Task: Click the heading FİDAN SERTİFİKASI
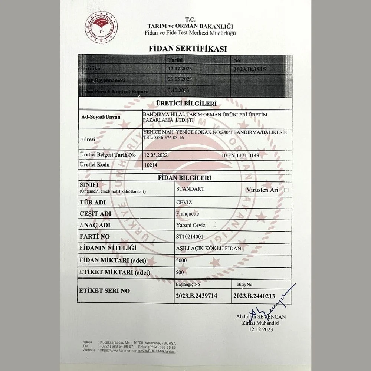188,49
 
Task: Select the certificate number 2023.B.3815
250,69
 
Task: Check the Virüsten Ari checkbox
286,190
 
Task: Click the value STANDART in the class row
190,189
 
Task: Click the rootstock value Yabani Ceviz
191,225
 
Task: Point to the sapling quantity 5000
181,260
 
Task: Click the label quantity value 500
180,272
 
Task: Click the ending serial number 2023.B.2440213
255,296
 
